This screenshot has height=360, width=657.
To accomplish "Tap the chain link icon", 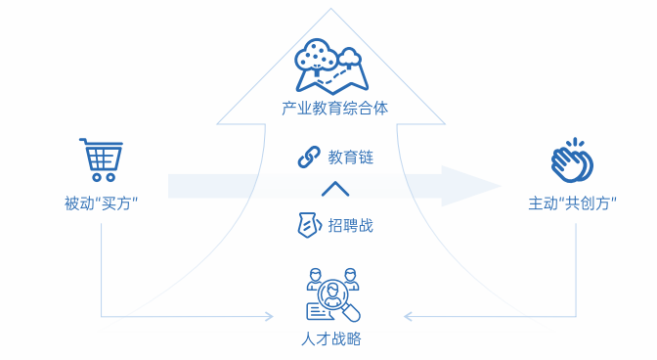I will coord(309,156).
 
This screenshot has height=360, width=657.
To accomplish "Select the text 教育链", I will coord(350,156).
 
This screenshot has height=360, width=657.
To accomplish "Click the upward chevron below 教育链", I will coord(334,190).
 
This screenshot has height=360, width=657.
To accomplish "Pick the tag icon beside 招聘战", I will coord(309,225).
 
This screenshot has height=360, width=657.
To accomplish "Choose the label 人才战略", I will coord(332,340).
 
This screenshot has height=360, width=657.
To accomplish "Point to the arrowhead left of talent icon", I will coord(271,316).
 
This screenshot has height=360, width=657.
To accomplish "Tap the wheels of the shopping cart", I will coord(102,178).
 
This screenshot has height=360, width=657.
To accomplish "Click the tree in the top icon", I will coord(315,53).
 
